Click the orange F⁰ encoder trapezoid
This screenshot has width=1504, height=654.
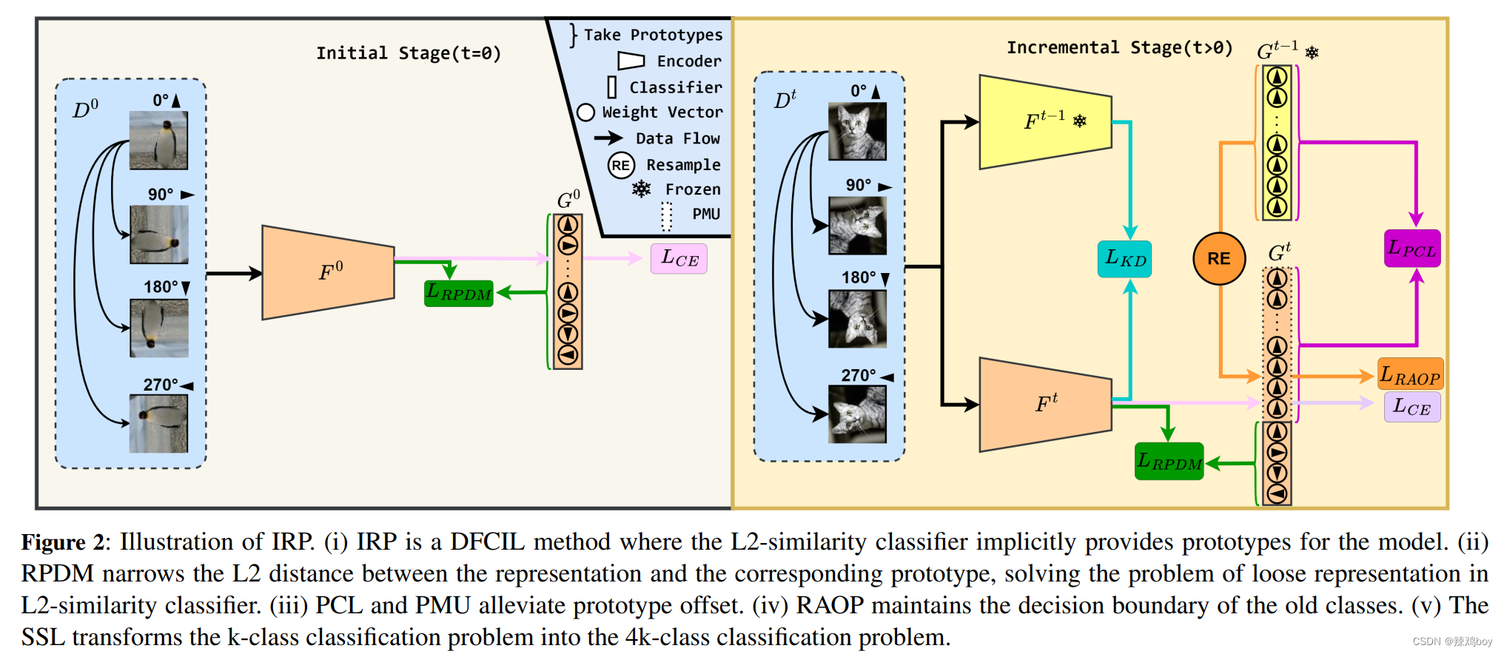point(328,272)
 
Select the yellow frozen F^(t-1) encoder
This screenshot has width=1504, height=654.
point(1045,121)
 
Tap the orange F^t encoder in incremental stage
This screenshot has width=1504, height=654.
point(1045,405)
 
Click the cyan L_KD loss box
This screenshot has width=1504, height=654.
point(1124,259)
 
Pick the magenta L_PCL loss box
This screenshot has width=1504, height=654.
point(1412,249)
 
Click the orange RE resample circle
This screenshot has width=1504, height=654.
point(1219,258)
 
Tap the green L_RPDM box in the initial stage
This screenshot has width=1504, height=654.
point(459,293)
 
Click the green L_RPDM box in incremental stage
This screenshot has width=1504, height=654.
point(1169,462)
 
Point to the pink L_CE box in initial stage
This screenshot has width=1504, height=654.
point(679,259)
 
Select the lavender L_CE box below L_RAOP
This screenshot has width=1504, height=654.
point(1411,407)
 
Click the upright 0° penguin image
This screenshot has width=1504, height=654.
point(158,141)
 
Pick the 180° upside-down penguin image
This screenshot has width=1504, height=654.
point(158,328)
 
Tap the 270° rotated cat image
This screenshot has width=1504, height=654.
point(857,414)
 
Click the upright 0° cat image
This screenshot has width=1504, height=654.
point(857,132)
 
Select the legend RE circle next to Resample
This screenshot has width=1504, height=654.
point(621,165)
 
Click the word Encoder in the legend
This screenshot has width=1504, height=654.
point(688,61)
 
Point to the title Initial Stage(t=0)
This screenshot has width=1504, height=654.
point(409,53)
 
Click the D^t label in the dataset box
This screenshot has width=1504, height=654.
point(785,100)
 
